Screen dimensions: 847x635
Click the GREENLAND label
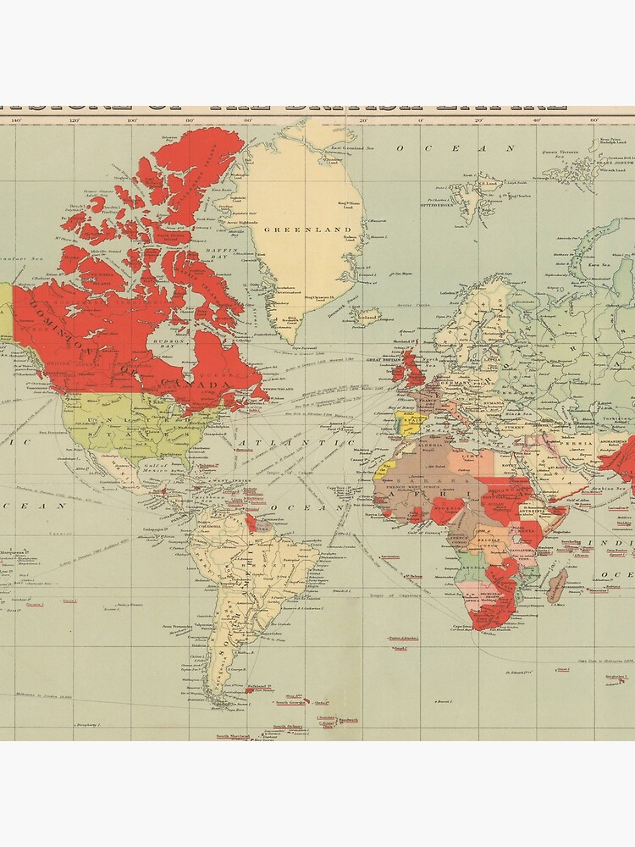pyautogui.click(x=295, y=230)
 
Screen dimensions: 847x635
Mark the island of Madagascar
pyautogui.click(x=556, y=584)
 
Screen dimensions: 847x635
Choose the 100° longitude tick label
pyautogui.click(x=131, y=120)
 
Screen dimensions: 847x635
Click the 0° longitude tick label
pyautogui.click(x=420, y=120)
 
